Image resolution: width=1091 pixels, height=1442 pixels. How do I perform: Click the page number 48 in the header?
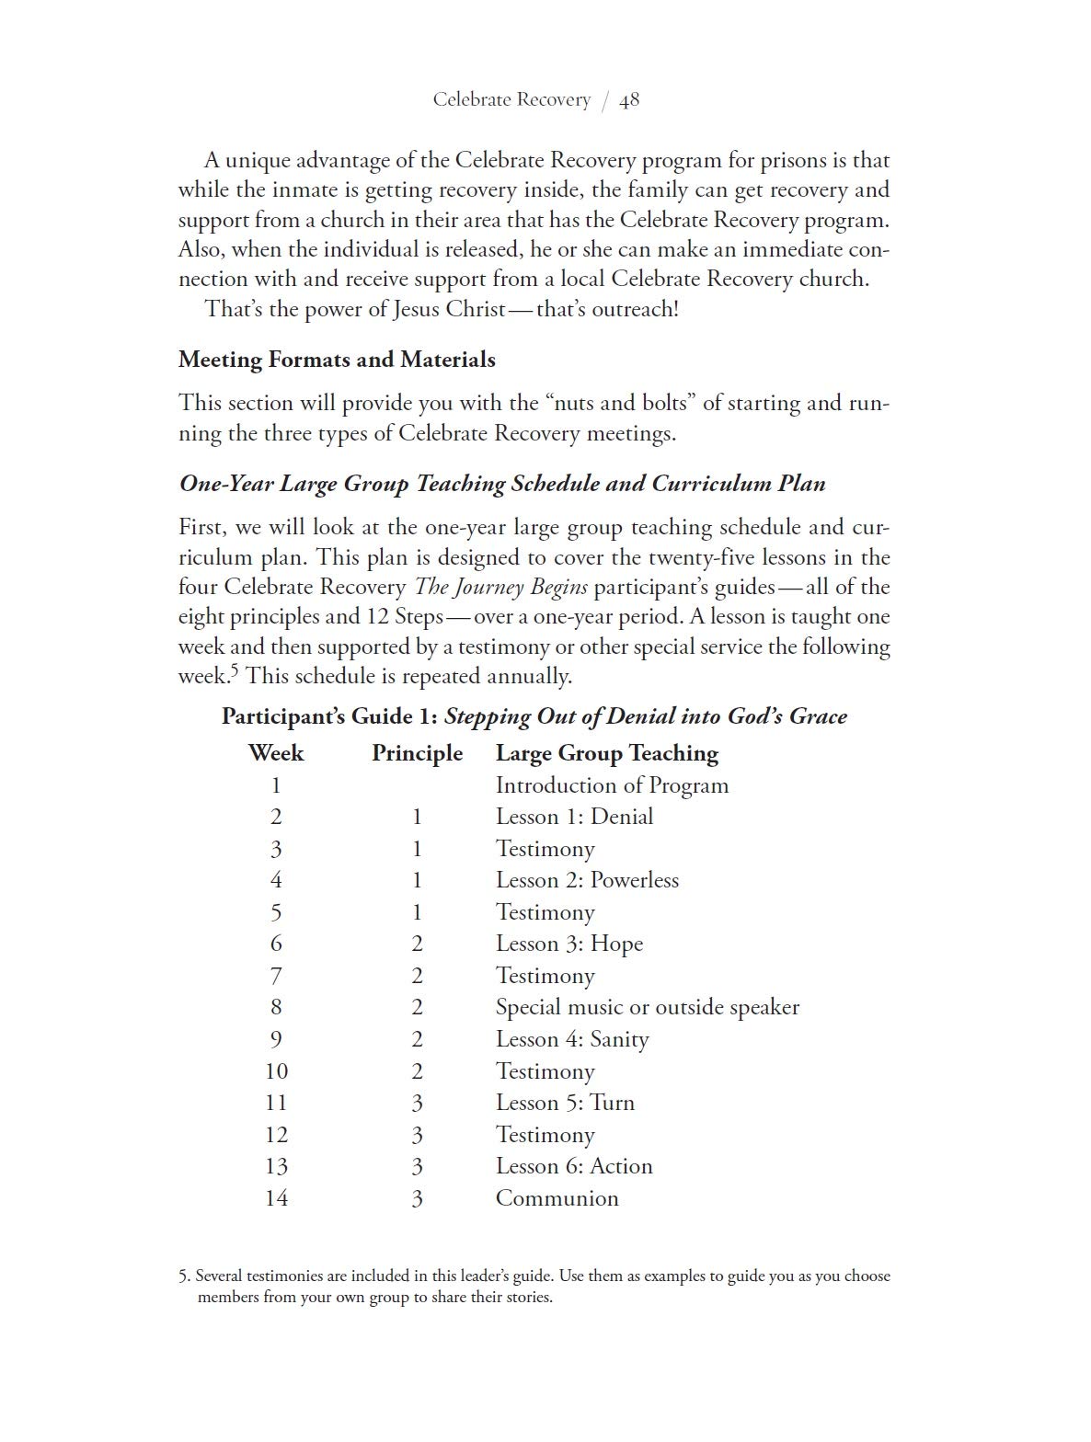pos(629,100)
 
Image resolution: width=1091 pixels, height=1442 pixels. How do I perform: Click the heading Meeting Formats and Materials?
pos(337,360)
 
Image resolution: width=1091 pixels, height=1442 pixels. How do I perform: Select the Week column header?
pos(275,753)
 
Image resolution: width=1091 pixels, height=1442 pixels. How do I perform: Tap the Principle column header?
pos(417,753)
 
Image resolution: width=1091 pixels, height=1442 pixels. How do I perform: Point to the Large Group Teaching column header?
pos(606,753)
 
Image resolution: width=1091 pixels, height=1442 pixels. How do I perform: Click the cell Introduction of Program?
pos(612,785)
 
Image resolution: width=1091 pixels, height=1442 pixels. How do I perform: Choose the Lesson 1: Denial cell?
pos(574,817)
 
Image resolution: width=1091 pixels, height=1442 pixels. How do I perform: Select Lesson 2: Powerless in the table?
pos(587,880)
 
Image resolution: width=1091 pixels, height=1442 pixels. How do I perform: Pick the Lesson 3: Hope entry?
pos(568,944)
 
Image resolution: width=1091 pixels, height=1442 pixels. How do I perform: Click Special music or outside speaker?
pos(647,1007)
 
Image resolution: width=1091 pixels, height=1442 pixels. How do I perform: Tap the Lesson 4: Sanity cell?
pos(572,1039)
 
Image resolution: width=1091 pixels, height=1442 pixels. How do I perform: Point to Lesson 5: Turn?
pos(565,1103)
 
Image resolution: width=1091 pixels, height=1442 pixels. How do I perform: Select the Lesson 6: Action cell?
pos(574,1166)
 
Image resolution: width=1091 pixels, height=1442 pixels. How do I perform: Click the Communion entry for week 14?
pos(557,1198)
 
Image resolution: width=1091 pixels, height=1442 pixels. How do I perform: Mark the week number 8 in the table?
pos(276,1007)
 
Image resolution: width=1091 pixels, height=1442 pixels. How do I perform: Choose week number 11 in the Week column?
pos(276,1103)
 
